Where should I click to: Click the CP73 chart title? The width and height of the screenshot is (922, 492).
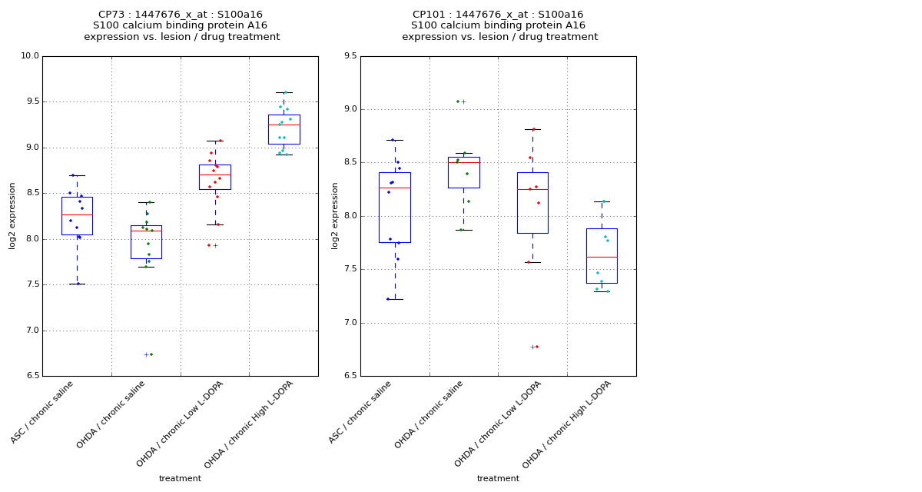[181, 25]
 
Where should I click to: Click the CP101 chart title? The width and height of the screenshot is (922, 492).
[499, 25]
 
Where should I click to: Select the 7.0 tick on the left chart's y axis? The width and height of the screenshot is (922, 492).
[31, 331]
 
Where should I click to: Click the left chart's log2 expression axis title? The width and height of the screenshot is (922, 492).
[12, 215]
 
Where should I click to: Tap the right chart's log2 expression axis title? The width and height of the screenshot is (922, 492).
[335, 215]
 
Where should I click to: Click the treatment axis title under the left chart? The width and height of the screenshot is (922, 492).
[180, 479]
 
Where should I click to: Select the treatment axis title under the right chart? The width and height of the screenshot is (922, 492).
[498, 479]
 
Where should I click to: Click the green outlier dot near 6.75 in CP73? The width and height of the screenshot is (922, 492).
[151, 354]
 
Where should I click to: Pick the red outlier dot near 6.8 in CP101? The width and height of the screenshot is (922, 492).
[537, 347]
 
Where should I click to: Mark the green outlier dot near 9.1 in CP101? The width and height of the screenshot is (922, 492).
[457, 101]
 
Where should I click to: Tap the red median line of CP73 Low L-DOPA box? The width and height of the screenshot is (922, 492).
[215, 175]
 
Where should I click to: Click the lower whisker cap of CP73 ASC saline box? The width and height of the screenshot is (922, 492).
[77, 284]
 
